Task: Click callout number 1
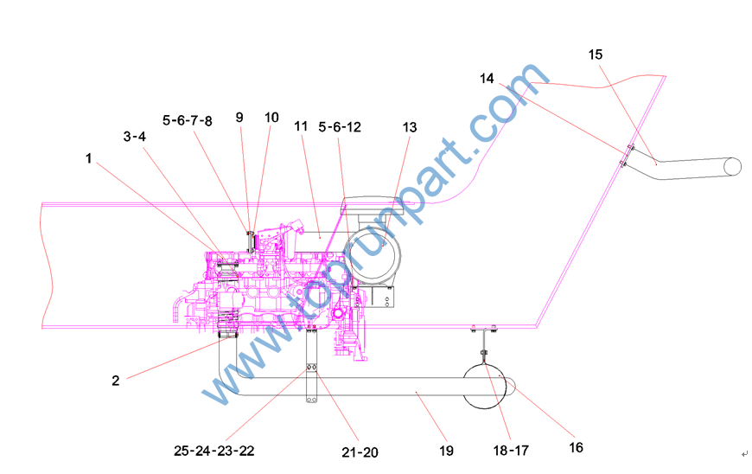[x=88, y=158]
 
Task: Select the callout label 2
[x=116, y=381]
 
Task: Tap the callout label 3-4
[x=134, y=137]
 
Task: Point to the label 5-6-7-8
[x=187, y=120]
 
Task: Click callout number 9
[x=239, y=118]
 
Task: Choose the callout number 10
[x=271, y=118]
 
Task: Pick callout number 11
[x=301, y=126]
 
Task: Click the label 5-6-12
[x=340, y=127]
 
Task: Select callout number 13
[x=410, y=127]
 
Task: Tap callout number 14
[x=487, y=78]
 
